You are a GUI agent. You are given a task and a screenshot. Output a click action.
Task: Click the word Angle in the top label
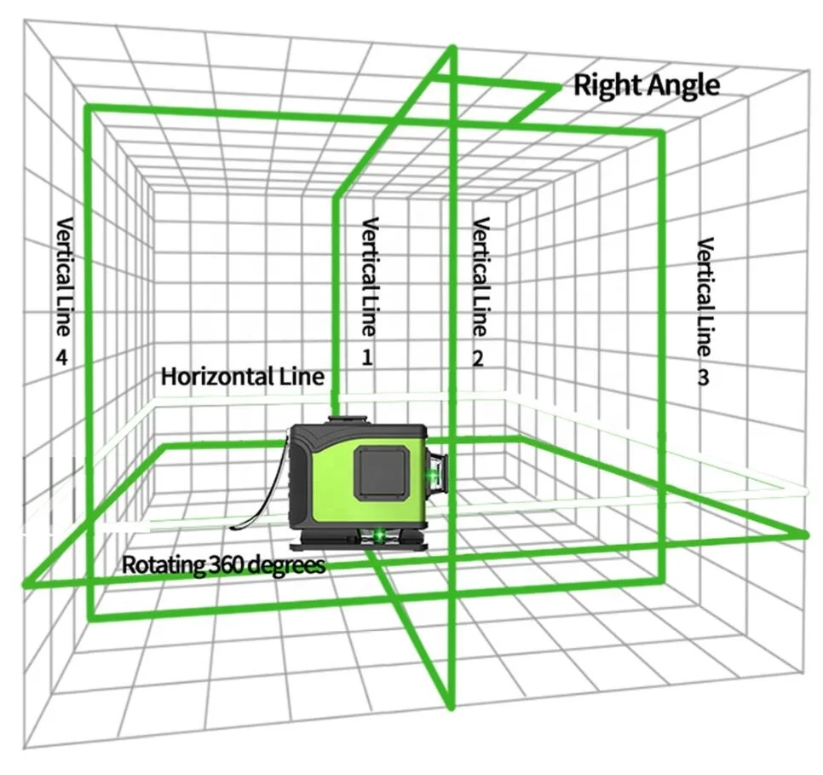point(682,85)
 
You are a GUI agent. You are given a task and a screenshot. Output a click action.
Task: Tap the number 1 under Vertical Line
point(367,357)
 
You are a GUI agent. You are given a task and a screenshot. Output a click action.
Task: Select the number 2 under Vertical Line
point(478,359)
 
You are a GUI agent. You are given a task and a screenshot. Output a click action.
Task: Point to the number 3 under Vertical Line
point(703,377)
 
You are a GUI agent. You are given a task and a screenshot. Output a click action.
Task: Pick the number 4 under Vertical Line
point(61,358)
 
